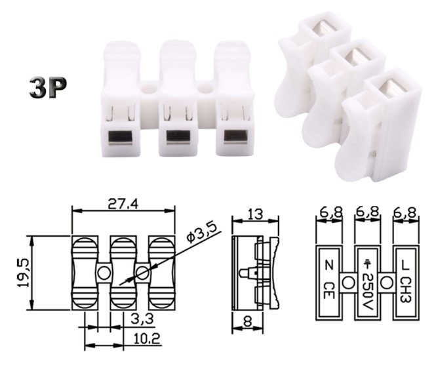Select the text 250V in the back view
(368, 289)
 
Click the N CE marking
(330, 281)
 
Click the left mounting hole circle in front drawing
(104, 272)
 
